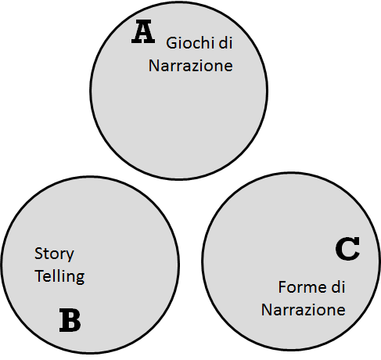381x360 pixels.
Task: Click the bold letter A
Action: coord(143,32)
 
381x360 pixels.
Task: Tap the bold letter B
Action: coord(70,320)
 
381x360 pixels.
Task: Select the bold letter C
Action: coord(347,249)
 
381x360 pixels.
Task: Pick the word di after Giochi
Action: coord(225,43)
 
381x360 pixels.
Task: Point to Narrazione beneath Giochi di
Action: coord(191,66)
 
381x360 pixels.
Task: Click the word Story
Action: coord(54,254)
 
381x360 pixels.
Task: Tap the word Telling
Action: coord(59,276)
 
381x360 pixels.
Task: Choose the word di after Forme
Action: coord(338,287)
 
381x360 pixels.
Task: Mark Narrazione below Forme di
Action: coord(304,310)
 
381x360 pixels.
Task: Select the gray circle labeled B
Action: coord(90,265)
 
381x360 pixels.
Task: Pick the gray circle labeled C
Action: coord(291,261)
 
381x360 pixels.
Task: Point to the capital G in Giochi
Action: coord(172,43)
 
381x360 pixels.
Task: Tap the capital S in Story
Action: coord(38,254)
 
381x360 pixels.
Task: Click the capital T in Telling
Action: coord(39,276)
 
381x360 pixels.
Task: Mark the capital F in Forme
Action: coord(282,287)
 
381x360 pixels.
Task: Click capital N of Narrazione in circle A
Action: coord(154,66)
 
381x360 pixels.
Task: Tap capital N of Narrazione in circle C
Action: coord(267,310)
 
